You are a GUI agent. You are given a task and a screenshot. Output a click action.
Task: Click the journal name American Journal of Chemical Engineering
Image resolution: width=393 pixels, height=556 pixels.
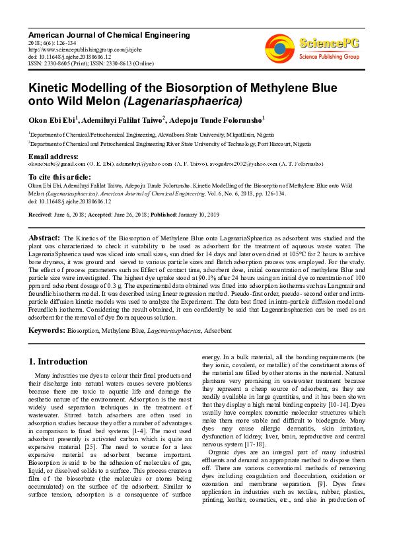pos(108,35)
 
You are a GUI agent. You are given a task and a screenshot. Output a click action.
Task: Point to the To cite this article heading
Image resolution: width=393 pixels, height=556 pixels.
pos(59,177)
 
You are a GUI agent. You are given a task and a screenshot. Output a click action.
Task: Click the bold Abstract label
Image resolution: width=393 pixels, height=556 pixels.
pos(44,236)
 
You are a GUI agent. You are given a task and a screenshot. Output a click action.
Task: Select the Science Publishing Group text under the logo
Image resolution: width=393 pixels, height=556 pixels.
pos(328,57)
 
